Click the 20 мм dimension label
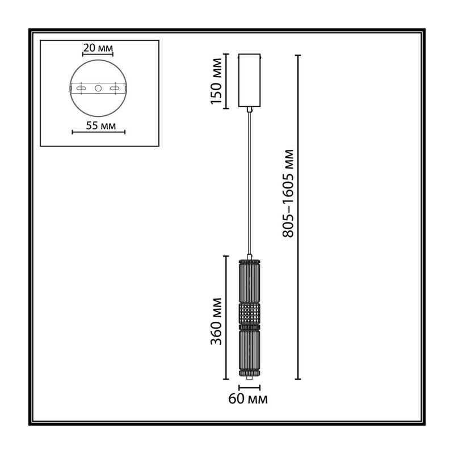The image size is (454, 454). (x=98, y=48)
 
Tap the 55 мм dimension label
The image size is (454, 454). (x=101, y=125)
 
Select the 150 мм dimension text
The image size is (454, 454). (x=216, y=81)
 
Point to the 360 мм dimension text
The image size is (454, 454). (x=216, y=321)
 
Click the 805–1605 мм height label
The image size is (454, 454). (x=288, y=194)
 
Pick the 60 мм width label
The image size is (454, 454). (x=248, y=399)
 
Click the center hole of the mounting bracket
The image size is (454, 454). (x=98, y=88)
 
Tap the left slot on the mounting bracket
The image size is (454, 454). (x=81, y=88)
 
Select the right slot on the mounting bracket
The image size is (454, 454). (x=115, y=88)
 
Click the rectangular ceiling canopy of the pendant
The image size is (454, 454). (x=249, y=80)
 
